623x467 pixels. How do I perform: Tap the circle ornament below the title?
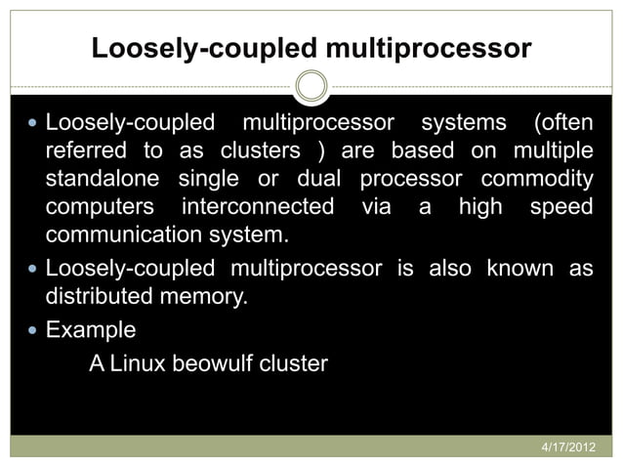311,86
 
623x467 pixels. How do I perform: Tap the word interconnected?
258,208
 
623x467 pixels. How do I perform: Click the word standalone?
104,181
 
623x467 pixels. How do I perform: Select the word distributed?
101,294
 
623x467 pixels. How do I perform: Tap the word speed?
560,208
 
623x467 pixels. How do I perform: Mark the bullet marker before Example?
35,330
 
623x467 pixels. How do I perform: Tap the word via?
375,208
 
